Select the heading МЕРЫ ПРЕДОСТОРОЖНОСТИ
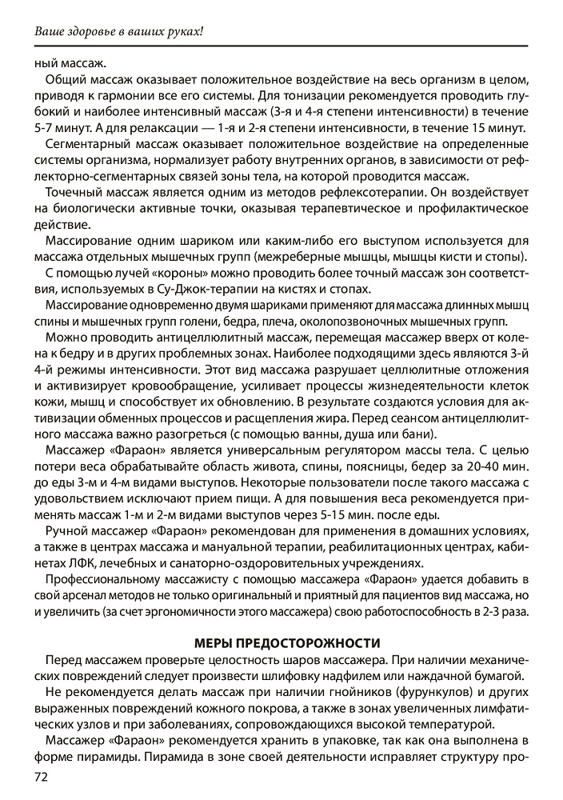coord(281,642)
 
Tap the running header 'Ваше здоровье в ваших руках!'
coord(119,31)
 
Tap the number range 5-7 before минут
coord(49,128)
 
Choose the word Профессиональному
coord(106,578)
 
